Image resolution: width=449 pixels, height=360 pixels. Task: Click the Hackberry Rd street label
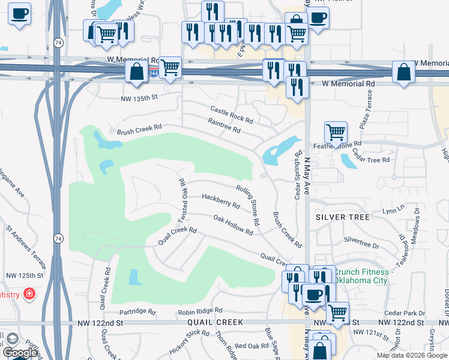click(x=221, y=200)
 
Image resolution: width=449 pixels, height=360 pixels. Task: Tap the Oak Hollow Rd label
click(x=233, y=225)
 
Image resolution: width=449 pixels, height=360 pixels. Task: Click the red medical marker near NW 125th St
click(x=29, y=294)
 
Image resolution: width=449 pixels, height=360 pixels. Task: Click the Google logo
click(x=19, y=353)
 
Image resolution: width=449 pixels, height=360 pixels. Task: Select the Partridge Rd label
click(x=137, y=312)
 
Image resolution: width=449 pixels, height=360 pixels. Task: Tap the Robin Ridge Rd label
click(x=200, y=311)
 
